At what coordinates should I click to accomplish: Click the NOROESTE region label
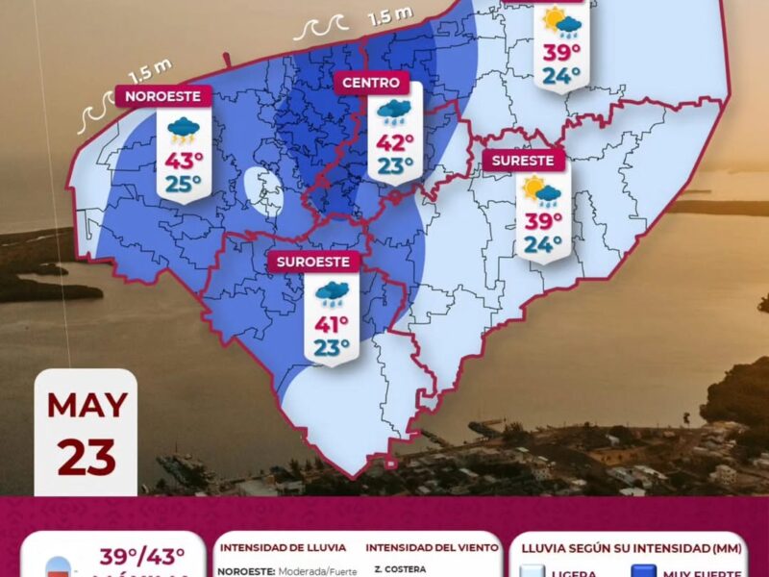[x=163, y=96]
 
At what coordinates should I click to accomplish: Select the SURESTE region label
[x=525, y=161]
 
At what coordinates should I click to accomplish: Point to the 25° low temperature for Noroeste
[x=183, y=182]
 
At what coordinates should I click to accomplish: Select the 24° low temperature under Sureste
[x=542, y=244]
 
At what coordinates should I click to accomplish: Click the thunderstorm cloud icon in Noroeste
[x=183, y=129]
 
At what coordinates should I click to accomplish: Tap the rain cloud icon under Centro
[x=394, y=113]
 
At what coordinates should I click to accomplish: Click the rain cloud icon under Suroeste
[x=332, y=292]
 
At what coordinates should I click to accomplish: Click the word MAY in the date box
[x=87, y=405]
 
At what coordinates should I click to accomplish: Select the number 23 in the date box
[x=87, y=457]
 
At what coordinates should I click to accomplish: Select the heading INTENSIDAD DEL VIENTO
[x=432, y=547]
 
